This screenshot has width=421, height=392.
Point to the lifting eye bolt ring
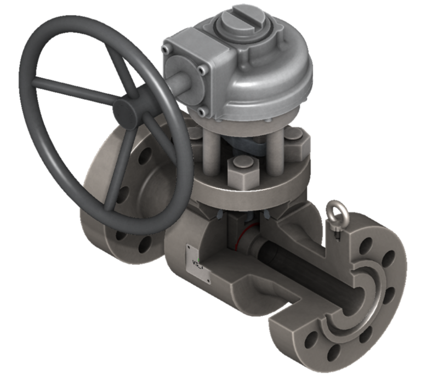click(x=334, y=209)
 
